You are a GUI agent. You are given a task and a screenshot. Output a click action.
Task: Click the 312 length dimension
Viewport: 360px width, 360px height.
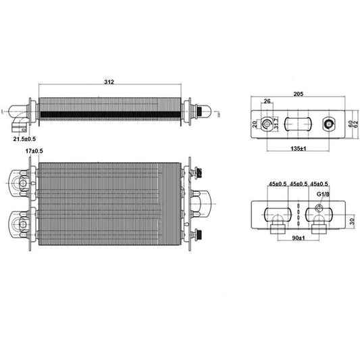pyautogui.click(x=109, y=82)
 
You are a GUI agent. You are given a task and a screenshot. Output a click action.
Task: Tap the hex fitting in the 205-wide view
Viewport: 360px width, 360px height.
pyautogui.click(x=330, y=124)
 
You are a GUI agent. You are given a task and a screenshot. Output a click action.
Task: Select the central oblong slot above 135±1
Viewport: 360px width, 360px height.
pyautogui.click(x=298, y=124)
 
